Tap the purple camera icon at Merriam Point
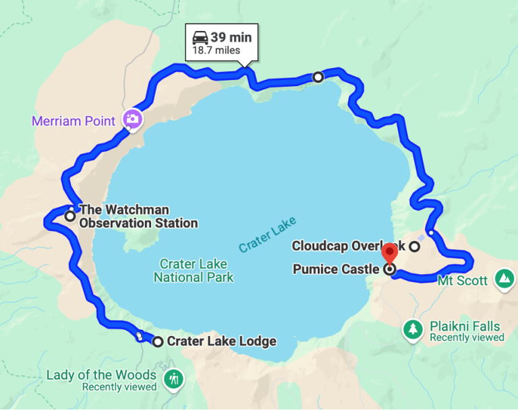point(132,120)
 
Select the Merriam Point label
point(75,122)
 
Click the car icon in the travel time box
point(200,38)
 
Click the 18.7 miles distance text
point(216,50)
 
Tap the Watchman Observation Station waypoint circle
point(70,216)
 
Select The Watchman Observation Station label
point(138,216)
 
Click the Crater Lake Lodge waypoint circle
point(158,342)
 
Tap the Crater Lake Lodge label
point(221,341)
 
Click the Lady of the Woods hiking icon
point(175,378)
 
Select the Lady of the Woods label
point(101,375)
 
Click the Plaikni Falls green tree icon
point(412,329)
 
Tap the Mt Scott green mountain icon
point(503,278)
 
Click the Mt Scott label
point(463,280)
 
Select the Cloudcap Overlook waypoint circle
point(415,246)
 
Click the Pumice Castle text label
point(336,269)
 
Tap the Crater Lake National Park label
point(194,271)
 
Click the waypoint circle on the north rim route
point(318,77)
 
